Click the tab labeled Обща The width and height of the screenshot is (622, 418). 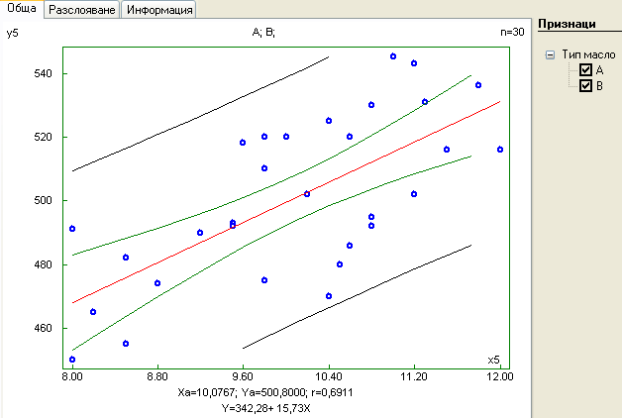click(x=22, y=9)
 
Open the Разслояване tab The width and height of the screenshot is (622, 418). click(x=81, y=9)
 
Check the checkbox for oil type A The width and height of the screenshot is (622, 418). click(x=586, y=70)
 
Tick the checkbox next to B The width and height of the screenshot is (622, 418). click(x=586, y=86)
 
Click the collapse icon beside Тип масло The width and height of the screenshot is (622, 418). click(x=550, y=55)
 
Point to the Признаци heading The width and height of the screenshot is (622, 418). click(x=568, y=23)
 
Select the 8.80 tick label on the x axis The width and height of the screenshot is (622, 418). click(x=157, y=377)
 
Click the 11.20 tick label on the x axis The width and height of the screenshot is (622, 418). click(x=414, y=377)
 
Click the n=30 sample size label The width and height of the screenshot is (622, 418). click(x=512, y=33)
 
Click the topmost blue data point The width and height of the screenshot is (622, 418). click(x=393, y=56)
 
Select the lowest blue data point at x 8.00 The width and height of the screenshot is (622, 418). click(x=72, y=360)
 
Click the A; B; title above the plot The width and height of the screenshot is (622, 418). click(x=264, y=33)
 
